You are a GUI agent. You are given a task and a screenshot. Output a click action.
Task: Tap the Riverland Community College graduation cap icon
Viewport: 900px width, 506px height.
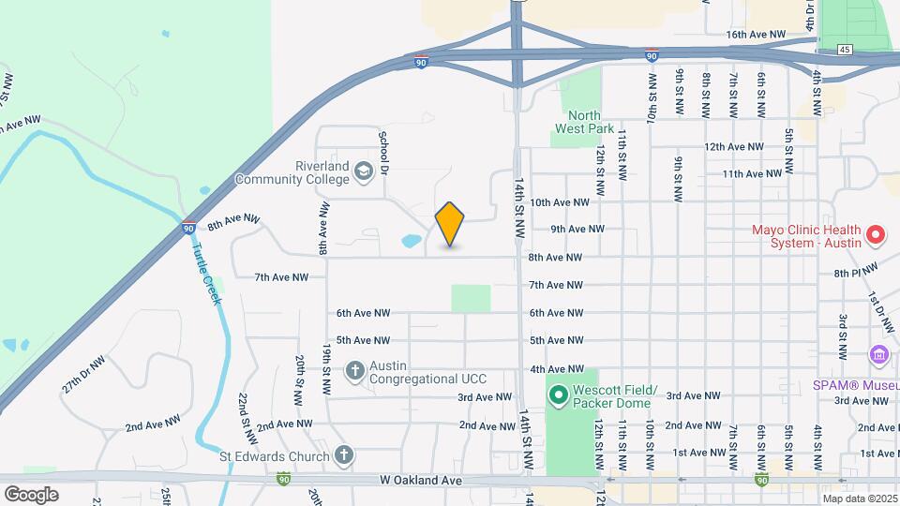[363, 171]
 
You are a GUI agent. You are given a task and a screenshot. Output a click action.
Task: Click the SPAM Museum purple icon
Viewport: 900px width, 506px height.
[878, 355]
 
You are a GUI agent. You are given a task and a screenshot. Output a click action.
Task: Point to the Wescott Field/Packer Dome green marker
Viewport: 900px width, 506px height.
[559, 396]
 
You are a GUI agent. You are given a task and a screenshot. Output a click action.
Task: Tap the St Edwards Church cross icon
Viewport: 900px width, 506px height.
[344, 456]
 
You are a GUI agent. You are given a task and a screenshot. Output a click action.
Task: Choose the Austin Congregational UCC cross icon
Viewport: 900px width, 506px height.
[354, 371]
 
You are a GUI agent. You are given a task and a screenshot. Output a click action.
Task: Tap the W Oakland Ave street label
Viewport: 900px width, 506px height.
[421, 480]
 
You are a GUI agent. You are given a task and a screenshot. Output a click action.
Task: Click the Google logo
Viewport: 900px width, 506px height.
[31, 494]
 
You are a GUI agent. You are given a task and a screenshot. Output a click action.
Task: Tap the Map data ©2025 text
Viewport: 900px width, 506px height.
[861, 499]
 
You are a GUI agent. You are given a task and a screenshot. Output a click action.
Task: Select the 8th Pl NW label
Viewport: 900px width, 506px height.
[853, 272]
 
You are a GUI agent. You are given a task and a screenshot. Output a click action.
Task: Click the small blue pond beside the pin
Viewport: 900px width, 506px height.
[411, 241]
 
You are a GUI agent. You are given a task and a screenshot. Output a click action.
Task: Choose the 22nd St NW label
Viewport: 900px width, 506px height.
[247, 412]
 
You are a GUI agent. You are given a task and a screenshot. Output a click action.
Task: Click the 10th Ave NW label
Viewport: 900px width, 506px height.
[560, 201]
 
